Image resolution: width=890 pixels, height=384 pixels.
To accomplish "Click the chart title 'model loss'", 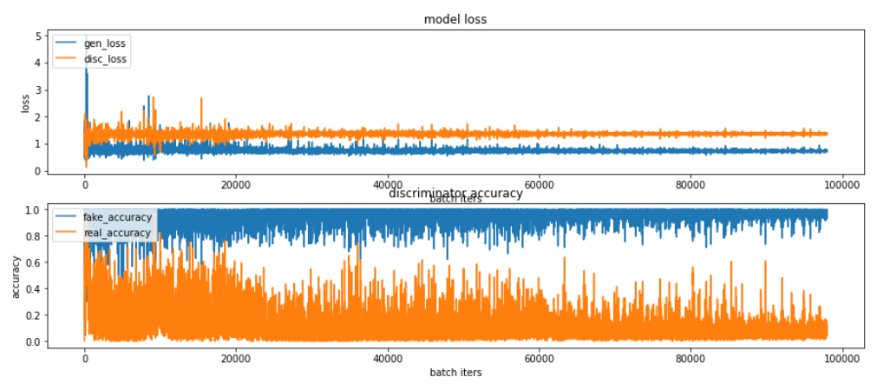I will click(x=455, y=19).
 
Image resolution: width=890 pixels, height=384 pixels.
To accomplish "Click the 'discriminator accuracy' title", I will click(x=455, y=194).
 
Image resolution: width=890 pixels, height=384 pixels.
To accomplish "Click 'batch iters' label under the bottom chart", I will click(x=455, y=372).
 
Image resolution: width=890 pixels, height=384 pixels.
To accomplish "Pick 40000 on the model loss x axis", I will click(x=389, y=184).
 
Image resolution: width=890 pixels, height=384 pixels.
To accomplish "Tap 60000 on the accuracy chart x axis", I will click(x=540, y=355).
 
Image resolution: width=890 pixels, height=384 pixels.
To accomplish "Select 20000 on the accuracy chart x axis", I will click(x=236, y=355).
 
